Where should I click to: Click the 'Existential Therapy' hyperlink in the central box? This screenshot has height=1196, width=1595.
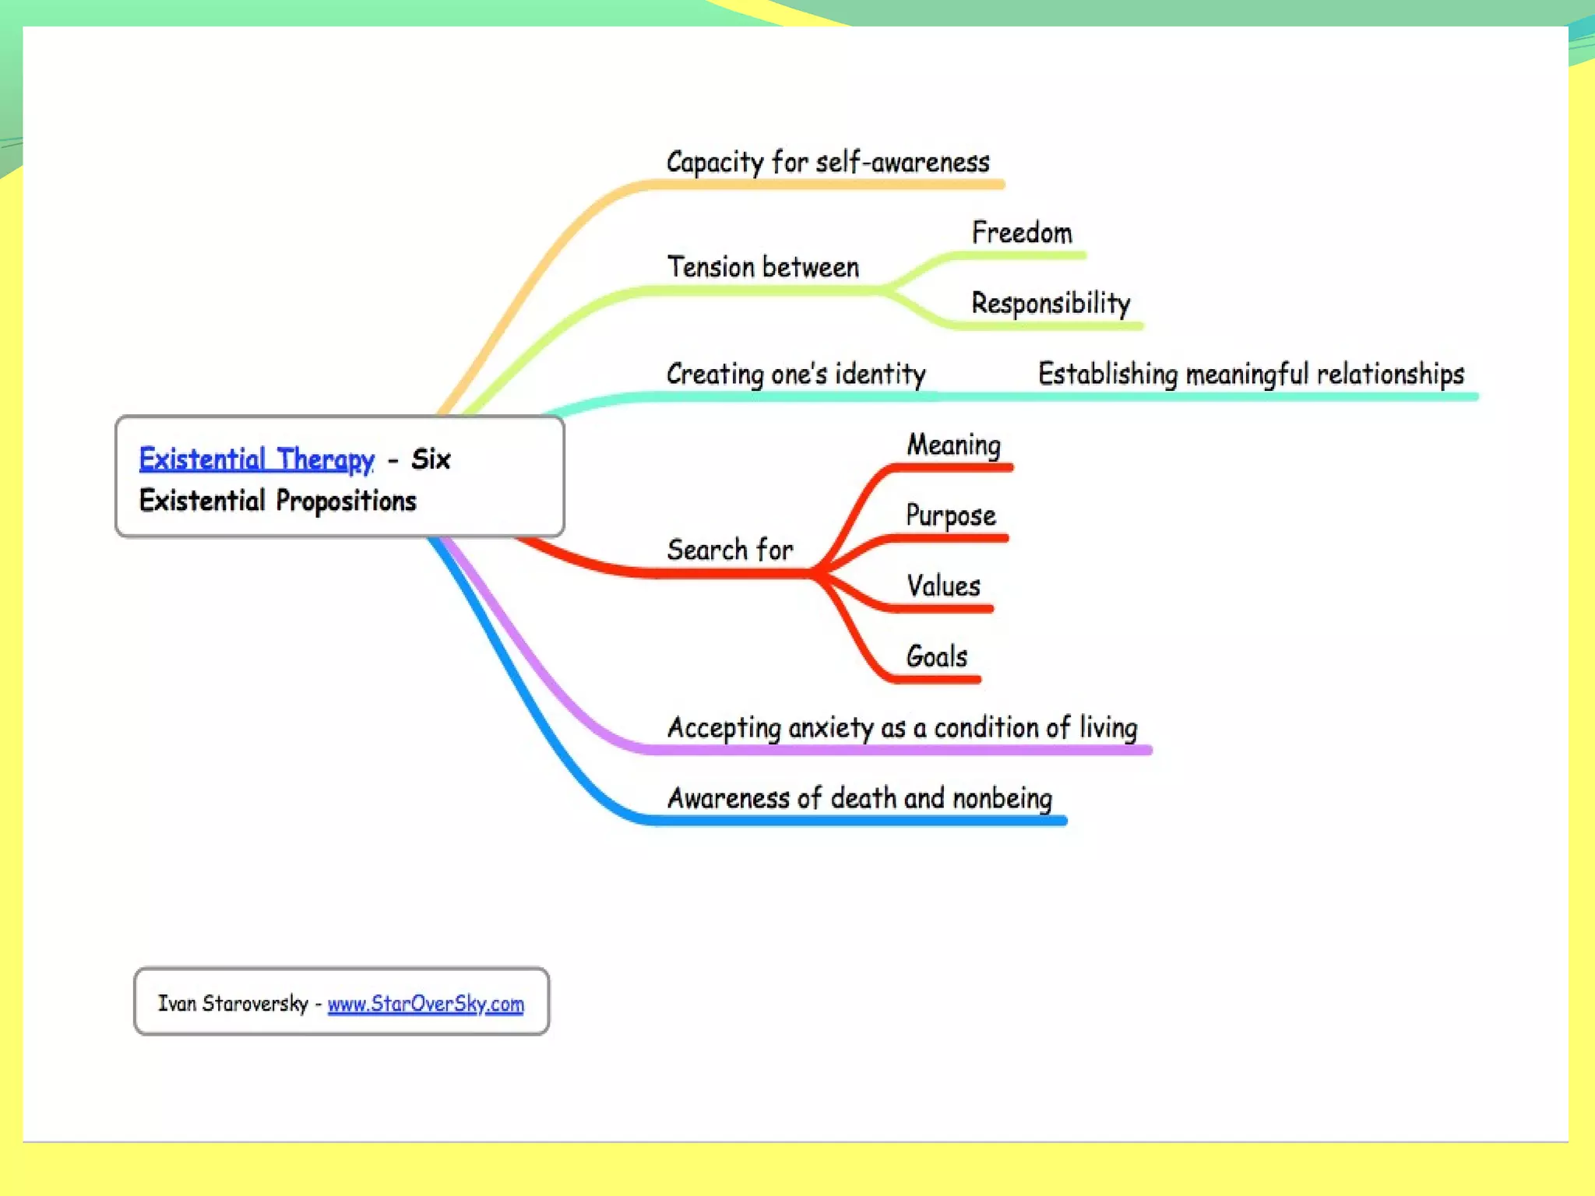pyautogui.click(x=256, y=459)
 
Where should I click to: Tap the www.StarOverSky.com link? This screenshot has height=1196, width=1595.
pyautogui.click(x=425, y=1004)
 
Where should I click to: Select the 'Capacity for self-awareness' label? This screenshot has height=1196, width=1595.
pyautogui.click(x=827, y=162)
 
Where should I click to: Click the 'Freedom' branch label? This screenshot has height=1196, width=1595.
pyautogui.click(x=1022, y=233)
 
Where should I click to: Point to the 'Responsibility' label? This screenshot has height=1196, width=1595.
pyautogui.click(x=1051, y=303)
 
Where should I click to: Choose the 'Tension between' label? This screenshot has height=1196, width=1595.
pyautogui.click(x=763, y=267)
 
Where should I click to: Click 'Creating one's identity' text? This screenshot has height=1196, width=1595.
pyautogui.click(x=796, y=374)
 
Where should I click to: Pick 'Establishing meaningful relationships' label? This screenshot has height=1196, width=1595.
pyautogui.click(x=1251, y=374)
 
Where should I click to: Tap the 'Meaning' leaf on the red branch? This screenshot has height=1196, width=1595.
pyautogui.click(x=953, y=445)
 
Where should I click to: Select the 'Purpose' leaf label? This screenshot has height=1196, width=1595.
pyautogui.click(x=951, y=515)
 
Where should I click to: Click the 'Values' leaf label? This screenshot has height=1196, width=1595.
pyautogui.click(x=943, y=586)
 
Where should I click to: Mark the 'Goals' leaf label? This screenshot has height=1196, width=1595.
pyautogui.click(x=937, y=656)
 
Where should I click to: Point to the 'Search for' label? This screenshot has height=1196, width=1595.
pyautogui.click(x=730, y=550)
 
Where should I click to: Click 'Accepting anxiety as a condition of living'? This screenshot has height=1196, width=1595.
pyautogui.click(x=902, y=727)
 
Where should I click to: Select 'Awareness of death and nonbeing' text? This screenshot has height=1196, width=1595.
pyautogui.click(x=860, y=798)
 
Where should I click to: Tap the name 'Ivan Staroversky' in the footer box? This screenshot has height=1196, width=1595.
pyautogui.click(x=233, y=1004)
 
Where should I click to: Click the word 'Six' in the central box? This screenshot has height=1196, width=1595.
pyautogui.click(x=431, y=459)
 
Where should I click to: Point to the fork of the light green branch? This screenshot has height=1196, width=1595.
pyautogui.click(x=884, y=290)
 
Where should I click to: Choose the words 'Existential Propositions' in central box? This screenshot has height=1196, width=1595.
pyautogui.click(x=277, y=501)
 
